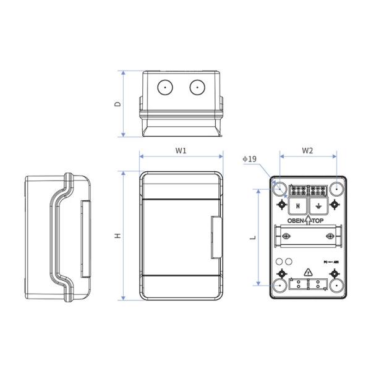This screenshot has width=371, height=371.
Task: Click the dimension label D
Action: click(x=117, y=104)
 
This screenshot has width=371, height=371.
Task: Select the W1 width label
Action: click(x=181, y=150)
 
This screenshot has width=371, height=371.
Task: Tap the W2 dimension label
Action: click(x=307, y=150)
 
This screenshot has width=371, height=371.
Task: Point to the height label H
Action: click(x=117, y=235)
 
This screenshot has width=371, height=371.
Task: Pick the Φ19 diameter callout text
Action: click(x=249, y=159)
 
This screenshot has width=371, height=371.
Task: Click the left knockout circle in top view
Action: click(x=164, y=88)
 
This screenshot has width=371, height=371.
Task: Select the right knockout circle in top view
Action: click(x=197, y=88)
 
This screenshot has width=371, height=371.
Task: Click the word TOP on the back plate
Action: click(x=323, y=221)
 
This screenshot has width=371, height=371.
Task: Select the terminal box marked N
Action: click(x=297, y=206)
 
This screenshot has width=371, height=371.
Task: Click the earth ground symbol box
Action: click(x=319, y=206)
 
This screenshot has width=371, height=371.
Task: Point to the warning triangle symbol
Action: click(x=309, y=273)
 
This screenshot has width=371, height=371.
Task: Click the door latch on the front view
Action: click(x=216, y=237)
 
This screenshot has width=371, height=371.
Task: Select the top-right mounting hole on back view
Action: click(x=337, y=187)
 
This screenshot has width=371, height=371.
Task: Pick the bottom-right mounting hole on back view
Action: click(x=337, y=286)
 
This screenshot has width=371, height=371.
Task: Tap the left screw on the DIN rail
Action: click(x=285, y=237)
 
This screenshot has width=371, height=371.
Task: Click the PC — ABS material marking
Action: click(x=331, y=263)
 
